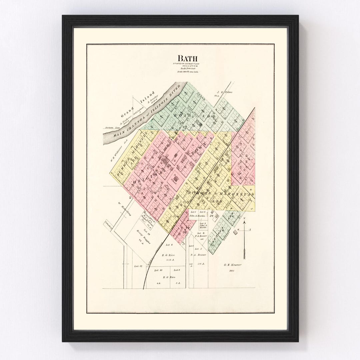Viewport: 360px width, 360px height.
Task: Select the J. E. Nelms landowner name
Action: click(224, 92)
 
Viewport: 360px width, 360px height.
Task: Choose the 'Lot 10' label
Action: click(158, 270)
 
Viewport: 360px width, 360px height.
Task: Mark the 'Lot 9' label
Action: click(177, 270)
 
